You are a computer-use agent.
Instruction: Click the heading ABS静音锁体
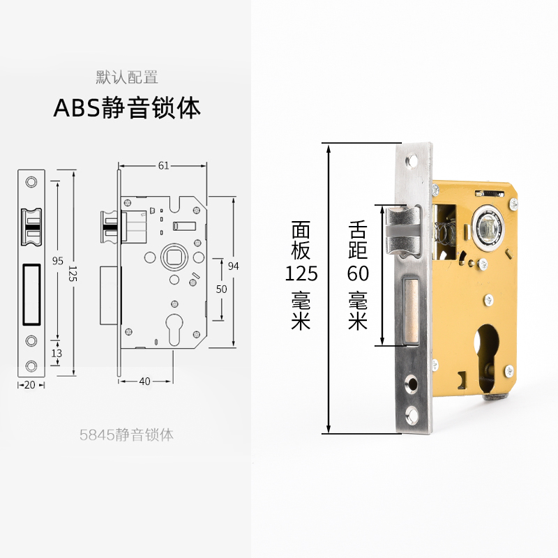[127, 108]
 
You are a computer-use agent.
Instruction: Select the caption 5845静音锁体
[126, 435]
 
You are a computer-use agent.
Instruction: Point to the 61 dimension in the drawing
[163, 165]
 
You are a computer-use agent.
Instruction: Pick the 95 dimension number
[57, 261]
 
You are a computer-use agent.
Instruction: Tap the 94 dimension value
[234, 265]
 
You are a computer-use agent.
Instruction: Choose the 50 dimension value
[221, 288]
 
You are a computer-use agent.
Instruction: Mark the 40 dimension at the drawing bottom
[145, 381]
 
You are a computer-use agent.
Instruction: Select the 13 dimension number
[56, 354]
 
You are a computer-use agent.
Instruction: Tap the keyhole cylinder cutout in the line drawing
[172, 330]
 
